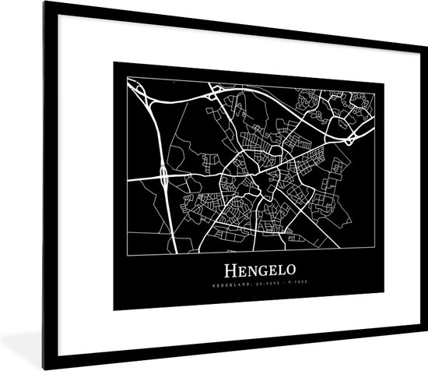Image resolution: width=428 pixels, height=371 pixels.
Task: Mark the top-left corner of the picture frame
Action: (x=44, y=2)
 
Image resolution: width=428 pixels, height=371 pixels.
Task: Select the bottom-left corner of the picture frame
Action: (x=44, y=368)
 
